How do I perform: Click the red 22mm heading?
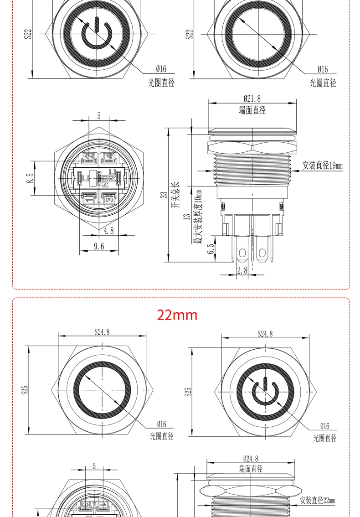(177, 315)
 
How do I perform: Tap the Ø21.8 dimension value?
(252, 98)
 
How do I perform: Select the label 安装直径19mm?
(322, 165)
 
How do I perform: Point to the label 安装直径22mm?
(317, 500)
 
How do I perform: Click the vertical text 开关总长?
(176, 195)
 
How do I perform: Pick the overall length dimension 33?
(164, 195)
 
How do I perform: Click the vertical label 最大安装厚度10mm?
(197, 217)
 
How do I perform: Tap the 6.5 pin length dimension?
(211, 249)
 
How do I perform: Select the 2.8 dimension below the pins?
(242, 270)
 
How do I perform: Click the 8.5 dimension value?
(31, 178)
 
